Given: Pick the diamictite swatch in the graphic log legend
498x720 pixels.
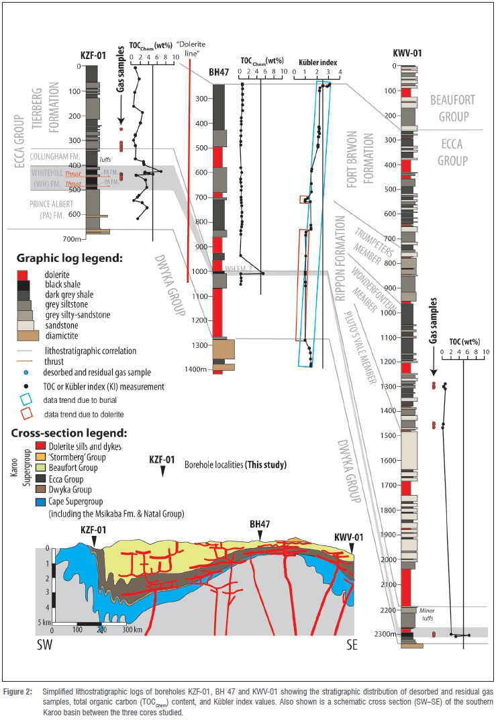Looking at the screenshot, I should pos(23,335).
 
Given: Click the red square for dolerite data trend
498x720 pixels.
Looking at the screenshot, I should pos(23,414).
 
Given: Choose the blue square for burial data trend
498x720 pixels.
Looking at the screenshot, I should pos(23,400).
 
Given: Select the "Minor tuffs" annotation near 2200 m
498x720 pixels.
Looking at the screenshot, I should pos(428,615).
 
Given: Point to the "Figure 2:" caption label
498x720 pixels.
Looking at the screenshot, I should pos(21,691).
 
